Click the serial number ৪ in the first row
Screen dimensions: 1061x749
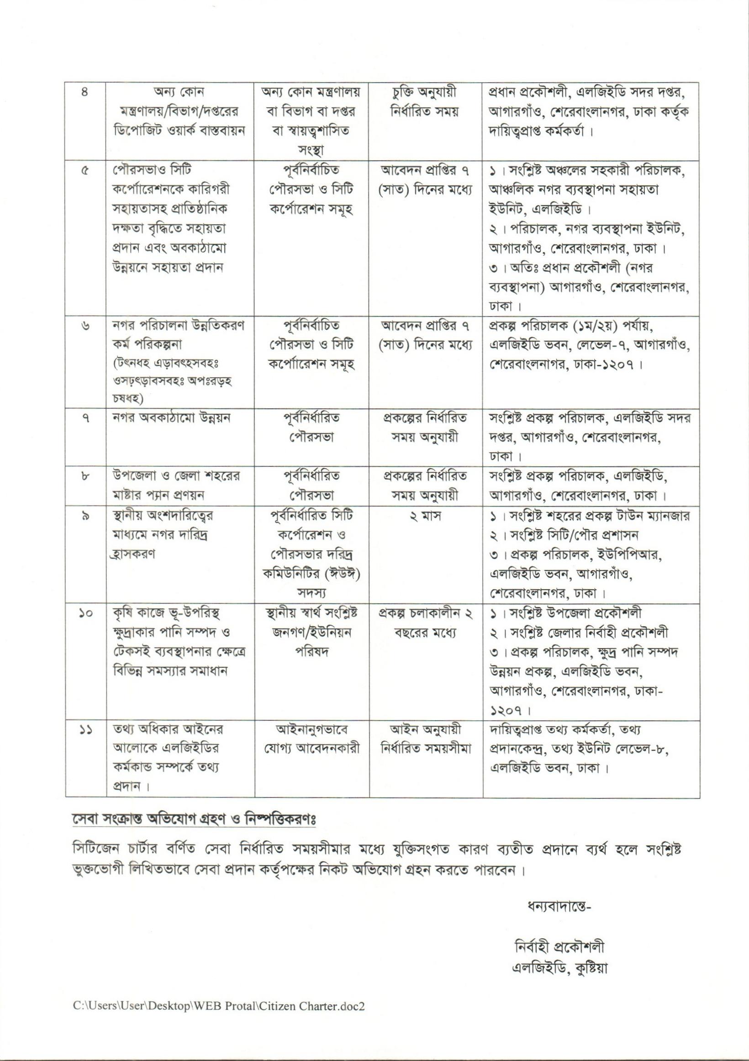(x=84, y=92)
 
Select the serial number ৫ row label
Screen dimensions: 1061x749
(x=84, y=171)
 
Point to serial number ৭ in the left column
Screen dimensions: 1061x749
(x=84, y=419)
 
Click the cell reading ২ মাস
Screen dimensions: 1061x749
(x=425, y=516)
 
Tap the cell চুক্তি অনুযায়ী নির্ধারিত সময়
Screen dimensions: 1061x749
(x=425, y=102)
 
